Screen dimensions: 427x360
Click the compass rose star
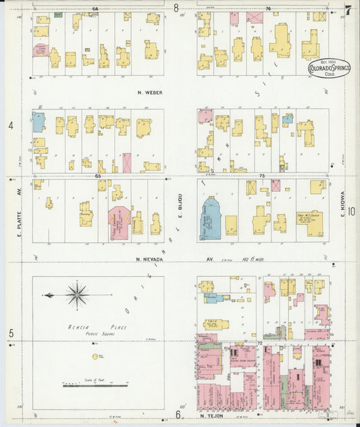[77, 295]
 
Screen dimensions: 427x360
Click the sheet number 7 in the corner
[348, 9]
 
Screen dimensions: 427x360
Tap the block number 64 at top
[95, 9]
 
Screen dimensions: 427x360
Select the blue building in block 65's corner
[38, 122]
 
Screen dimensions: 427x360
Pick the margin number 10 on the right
[352, 211]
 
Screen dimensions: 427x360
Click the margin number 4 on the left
[11, 126]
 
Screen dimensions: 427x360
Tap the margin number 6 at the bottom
[178, 414]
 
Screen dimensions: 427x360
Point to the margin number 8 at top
[176, 9]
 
